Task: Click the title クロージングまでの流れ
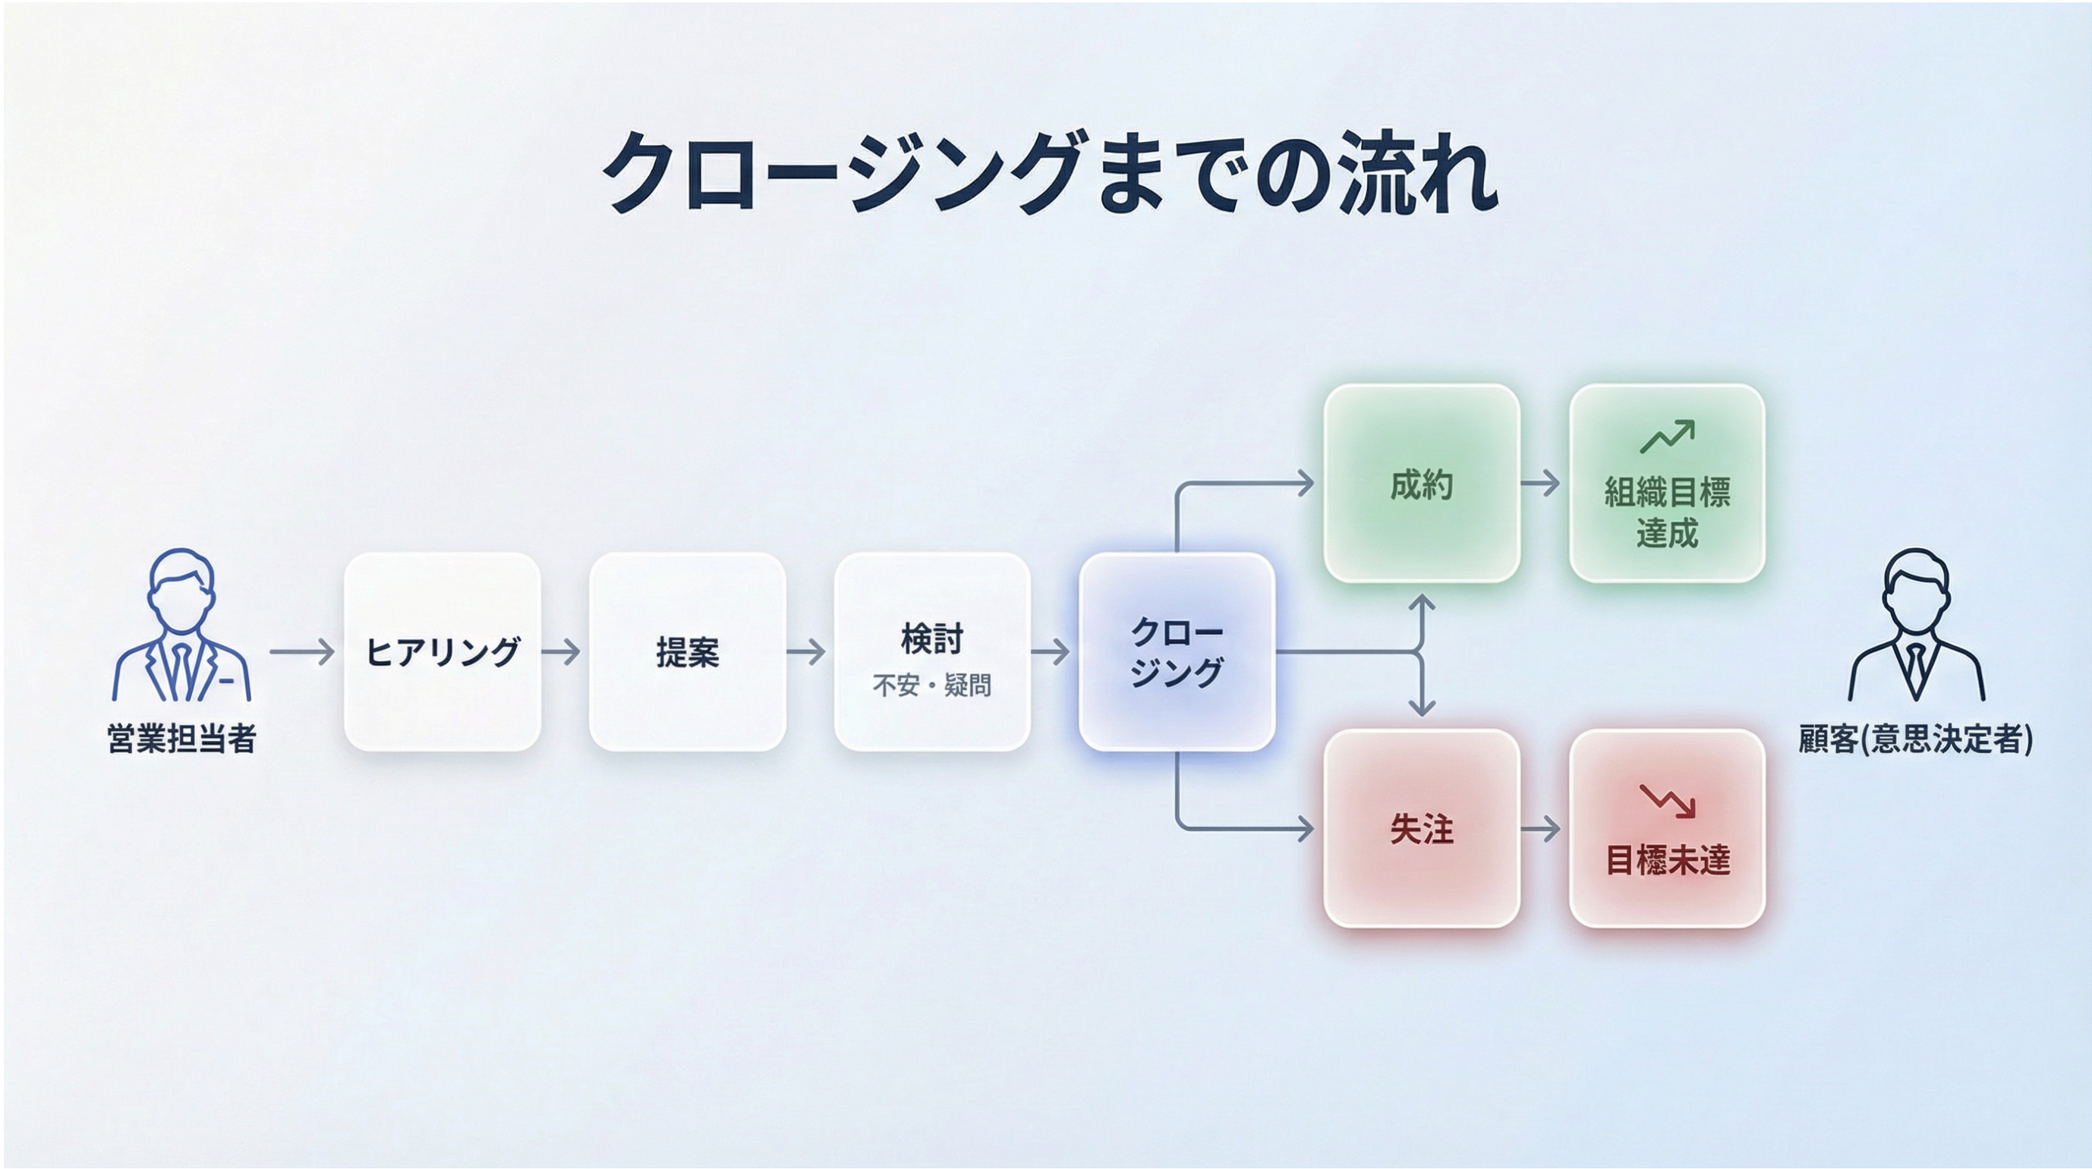[x=1049, y=172]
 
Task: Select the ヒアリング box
[x=443, y=651]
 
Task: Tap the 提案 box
[x=687, y=651]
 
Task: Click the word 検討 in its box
[x=931, y=638]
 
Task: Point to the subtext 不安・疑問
[x=931, y=685]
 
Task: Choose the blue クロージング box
[x=1177, y=651]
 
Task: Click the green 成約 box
[x=1421, y=484]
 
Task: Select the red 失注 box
[x=1421, y=828]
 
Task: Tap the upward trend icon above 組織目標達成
[x=1666, y=436]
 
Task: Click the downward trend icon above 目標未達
[x=1666, y=801]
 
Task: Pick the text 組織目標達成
[x=1666, y=512]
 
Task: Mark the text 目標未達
[x=1667, y=859]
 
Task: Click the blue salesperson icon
[x=182, y=625]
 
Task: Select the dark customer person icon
[x=1917, y=625]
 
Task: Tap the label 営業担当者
[x=182, y=739]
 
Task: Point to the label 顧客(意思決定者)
[x=1916, y=739]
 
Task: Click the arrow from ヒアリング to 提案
[x=561, y=651]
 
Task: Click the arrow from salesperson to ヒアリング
[x=302, y=651]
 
